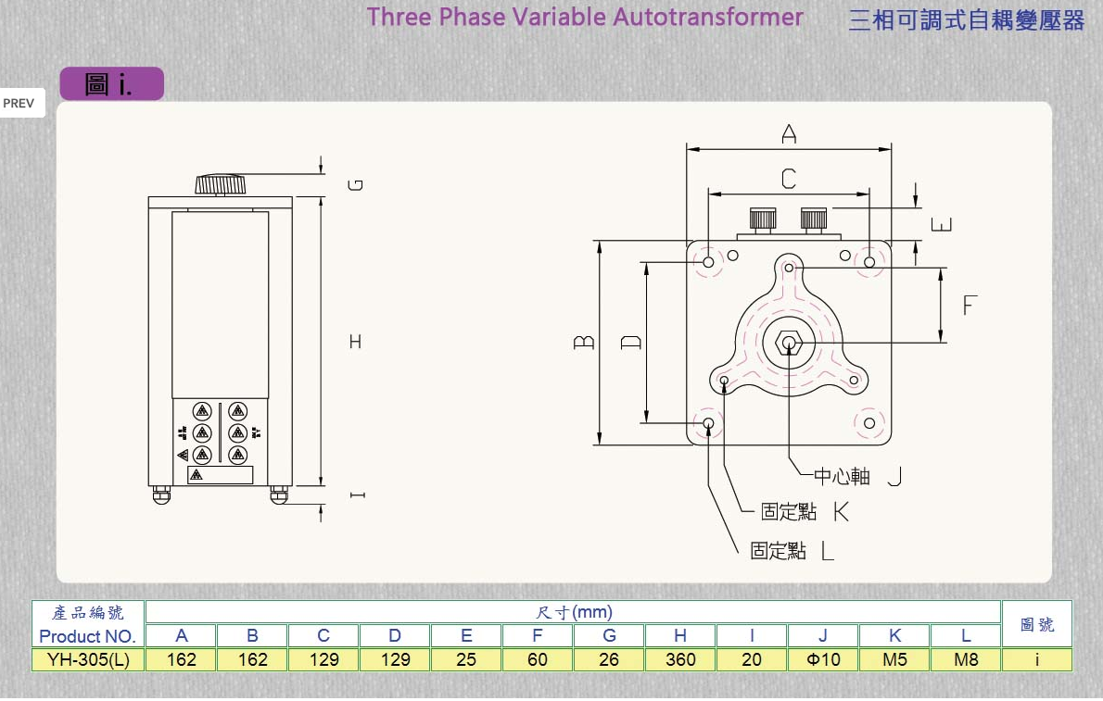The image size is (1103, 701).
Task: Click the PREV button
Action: click(x=19, y=104)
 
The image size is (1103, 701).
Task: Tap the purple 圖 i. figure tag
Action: click(x=111, y=84)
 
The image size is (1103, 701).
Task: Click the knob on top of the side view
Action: click(x=221, y=183)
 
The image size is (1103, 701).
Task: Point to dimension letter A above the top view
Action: click(x=789, y=135)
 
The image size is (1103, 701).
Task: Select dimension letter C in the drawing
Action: click(x=789, y=179)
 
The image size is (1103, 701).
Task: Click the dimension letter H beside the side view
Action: click(x=355, y=342)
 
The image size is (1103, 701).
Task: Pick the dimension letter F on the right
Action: click(x=970, y=305)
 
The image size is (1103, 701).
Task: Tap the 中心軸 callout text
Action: click(x=843, y=476)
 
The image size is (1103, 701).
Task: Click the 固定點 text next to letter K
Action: click(x=789, y=511)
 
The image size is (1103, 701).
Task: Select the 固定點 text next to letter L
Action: click(x=778, y=550)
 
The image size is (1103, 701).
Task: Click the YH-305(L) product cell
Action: click(x=88, y=659)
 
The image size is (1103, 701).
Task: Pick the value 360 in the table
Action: click(x=680, y=659)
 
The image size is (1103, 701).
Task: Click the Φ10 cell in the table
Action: click(x=823, y=659)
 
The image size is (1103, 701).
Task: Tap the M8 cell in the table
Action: click(x=966, y=659)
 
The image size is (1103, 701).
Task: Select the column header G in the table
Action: click(x=609, y=635)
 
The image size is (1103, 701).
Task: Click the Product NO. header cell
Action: click(x=88, y=636)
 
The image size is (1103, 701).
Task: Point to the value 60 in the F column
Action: click(x=538, y=659)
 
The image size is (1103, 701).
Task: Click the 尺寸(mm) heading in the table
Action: click(x=574, y=612)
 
